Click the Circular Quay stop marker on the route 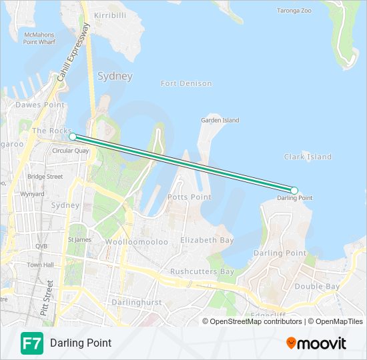click(73, 137)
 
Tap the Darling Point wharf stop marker click(294, 191)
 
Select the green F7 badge click(32, 343)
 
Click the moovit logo click(316, 343)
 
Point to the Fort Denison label click(186, 83)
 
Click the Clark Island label click(308, 157)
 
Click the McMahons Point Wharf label click(39, 37)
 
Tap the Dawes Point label click(40, 105)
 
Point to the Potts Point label click(189, 197)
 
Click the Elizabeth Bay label click(208, 240)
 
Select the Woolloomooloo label click(136, 241)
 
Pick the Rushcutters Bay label click(202, 272)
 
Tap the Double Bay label click(317, 287)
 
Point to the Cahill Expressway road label click(73, 57)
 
